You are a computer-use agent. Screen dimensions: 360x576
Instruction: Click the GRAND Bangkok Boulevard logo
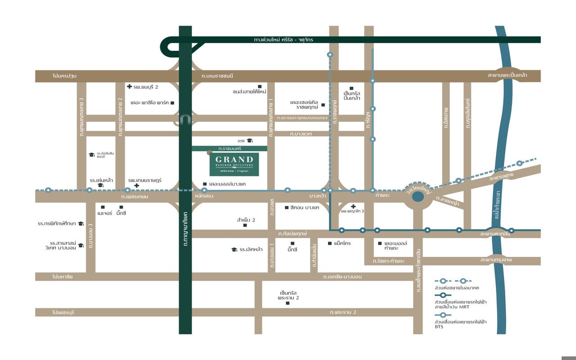click(x=234, y=164)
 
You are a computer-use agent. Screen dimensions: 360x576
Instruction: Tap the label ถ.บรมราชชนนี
click(x=217, y=76)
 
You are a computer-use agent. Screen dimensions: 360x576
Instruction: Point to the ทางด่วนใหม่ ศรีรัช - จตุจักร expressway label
click(x=283, y=40)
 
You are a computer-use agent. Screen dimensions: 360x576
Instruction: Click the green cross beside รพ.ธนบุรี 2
click(x=129, y=86)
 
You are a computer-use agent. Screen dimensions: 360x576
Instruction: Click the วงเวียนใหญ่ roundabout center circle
click(x=418, y=197)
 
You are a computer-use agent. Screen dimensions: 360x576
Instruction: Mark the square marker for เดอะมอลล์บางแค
click(x=205, y=184)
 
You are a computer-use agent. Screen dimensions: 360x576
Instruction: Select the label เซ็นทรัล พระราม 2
click(x=288, y=295)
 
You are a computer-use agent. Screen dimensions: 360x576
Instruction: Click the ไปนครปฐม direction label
click(x=64, y=76)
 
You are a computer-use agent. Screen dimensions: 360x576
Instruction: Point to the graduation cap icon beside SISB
click(x=250, y=140)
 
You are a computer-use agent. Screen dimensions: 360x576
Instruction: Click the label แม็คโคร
click(x=342, y=243)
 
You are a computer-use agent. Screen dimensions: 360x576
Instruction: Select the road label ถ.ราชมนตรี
click(x=229, y=148)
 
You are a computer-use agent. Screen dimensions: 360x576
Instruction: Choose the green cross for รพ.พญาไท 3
click(x=354, y=206)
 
